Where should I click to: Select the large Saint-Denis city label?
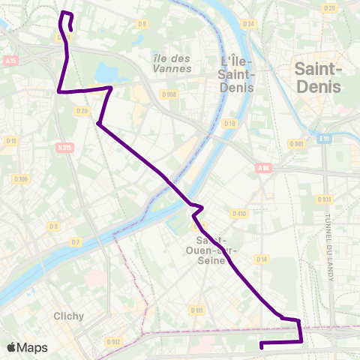click(x=319, y=77)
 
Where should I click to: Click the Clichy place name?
click(x=68, y=316)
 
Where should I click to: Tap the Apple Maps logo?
click(x=27, y=347)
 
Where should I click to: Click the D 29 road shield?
click(x=328, y=7)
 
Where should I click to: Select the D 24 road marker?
click(x=249, y=24)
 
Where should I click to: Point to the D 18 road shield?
click(x=229, y=124)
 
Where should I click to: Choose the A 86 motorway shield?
click(x=262, y=169)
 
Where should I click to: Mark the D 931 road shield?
click(x=324, y=199)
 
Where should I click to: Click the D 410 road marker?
click(x=239, y=214)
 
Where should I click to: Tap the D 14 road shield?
click(x=261, y=259)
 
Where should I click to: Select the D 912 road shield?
click(x=113, y=342)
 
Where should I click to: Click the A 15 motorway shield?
click(x=10, y=61)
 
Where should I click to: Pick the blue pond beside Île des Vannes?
click(x=109, y=73)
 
